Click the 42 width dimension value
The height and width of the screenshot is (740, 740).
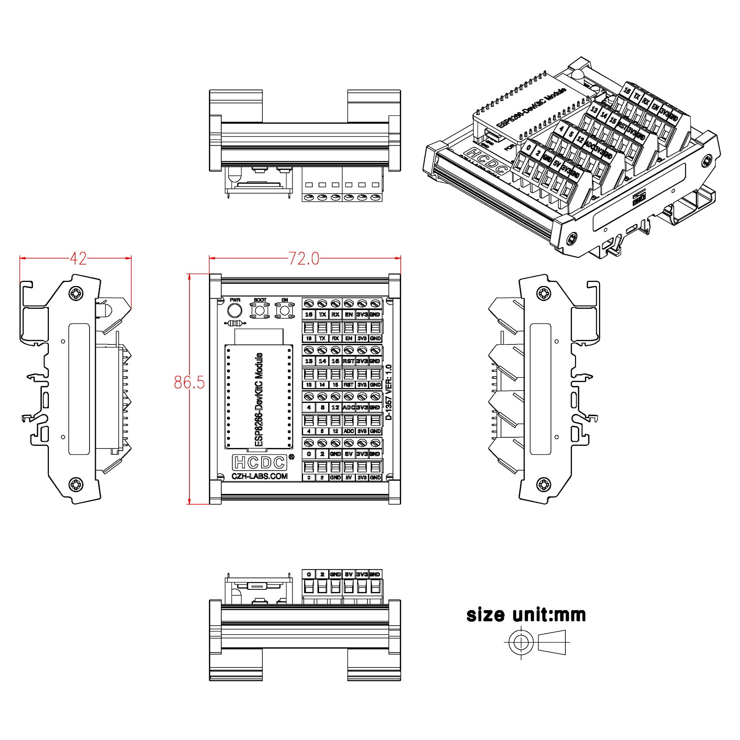[x=78, y=259]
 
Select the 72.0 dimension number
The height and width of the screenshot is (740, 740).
[x=303, y=259]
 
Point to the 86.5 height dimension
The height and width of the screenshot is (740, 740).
[x=189, y=382]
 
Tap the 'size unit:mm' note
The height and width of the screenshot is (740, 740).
[x=526, y=615]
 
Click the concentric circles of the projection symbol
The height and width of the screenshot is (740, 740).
[x=521, y=642]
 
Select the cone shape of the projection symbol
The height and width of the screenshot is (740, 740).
[x=552, y=642]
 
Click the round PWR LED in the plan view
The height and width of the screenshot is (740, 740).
[x=235, y=310]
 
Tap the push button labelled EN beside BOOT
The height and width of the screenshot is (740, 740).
[x=284, y=310]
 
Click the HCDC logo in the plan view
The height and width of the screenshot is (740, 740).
[x=260, y=463]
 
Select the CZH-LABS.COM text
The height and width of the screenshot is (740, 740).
[x=260, y=476]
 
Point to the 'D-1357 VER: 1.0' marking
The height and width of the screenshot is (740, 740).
[x=388, y=392]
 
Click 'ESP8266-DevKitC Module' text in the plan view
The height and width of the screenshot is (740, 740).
[x=259, y=400]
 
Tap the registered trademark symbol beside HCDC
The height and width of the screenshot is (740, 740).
[x=291, y=457]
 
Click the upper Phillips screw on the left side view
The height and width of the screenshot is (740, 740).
[x=76, y=294]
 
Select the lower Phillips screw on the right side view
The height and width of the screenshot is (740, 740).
[x=544, y=485]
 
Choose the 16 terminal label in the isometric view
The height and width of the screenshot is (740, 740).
[x=627, y=91]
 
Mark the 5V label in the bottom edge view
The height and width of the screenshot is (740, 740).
[x=348, y=575]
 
